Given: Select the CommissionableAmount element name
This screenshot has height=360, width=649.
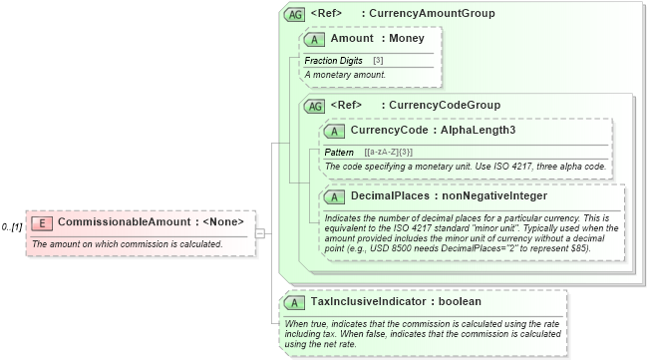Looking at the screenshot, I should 122,221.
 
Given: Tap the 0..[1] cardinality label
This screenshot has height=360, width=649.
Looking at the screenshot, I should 13,227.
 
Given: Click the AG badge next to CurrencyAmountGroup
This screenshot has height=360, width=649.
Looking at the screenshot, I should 294,14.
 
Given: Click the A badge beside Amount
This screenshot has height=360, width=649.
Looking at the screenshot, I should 316,39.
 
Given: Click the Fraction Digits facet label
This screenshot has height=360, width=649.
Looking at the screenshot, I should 333,61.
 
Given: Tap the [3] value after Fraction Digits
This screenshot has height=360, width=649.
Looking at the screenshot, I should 379,61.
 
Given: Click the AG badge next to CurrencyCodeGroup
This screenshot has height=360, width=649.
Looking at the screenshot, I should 314,105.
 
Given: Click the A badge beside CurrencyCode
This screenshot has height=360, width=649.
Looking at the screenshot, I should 336,130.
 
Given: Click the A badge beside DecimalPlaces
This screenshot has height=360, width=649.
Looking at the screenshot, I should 336,196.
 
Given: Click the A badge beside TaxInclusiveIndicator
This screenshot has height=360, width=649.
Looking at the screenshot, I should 296,301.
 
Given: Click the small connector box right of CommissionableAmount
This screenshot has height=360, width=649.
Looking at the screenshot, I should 259,233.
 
